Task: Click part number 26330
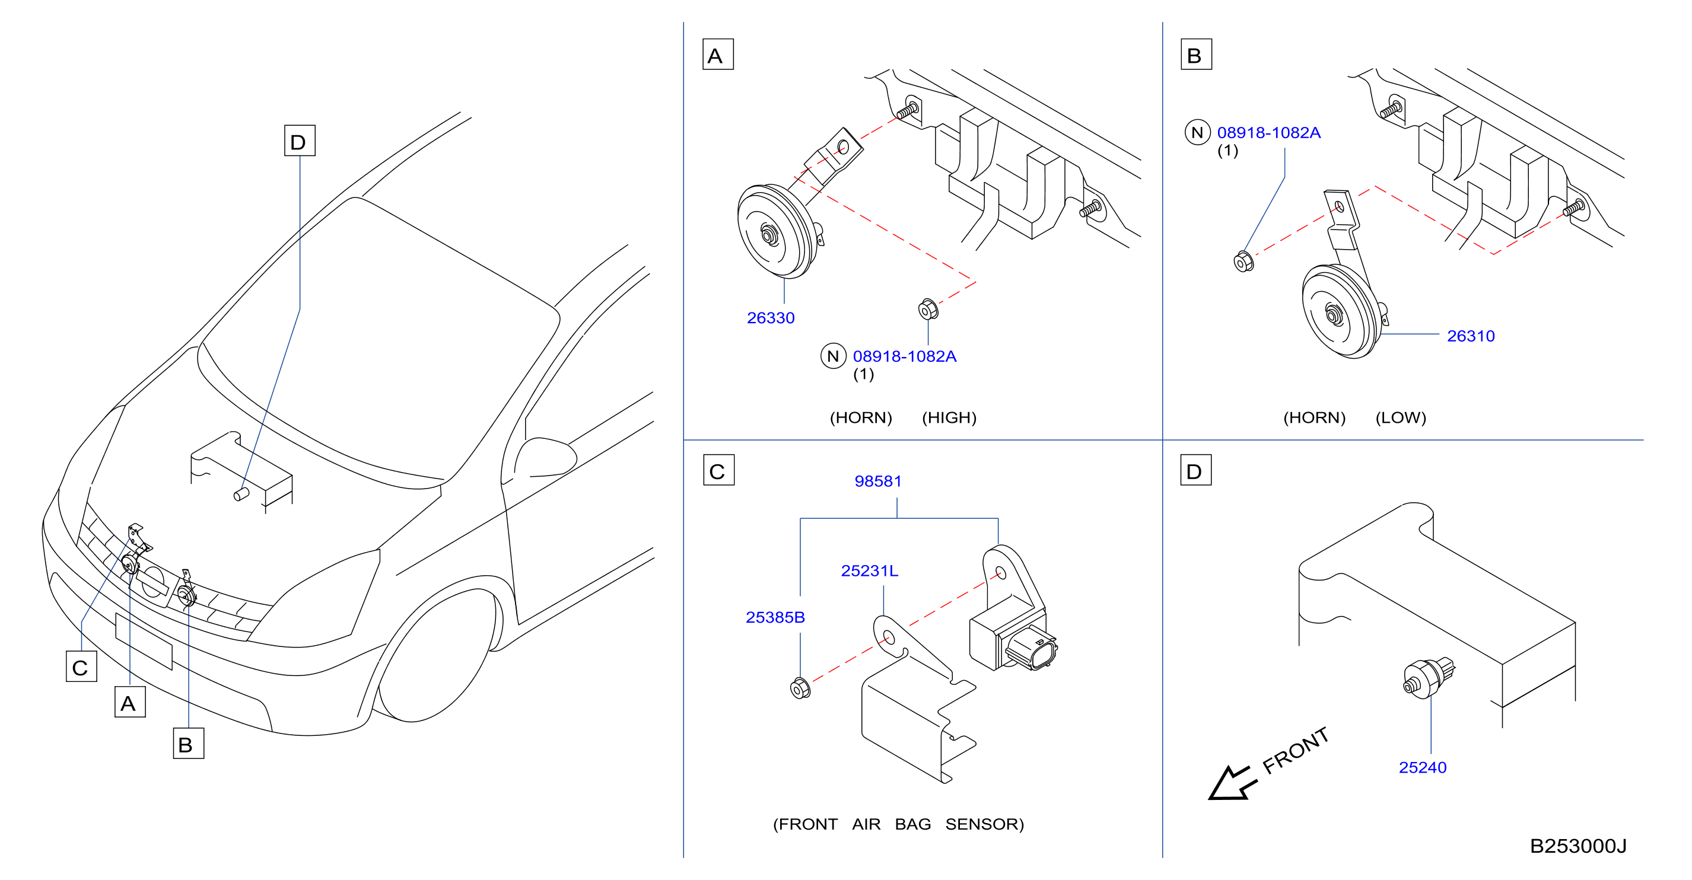(x=771, y=318)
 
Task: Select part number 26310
(x=1471, y=336)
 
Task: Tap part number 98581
(x=877, y=482)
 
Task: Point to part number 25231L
(x=870, y=570)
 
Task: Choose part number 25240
(x=1423, y=767)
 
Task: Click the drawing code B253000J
(x=1578, y=846)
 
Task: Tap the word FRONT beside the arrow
(x=1296, y=751)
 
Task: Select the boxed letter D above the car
(x=300, y=141)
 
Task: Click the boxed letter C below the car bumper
(x=81, y=667)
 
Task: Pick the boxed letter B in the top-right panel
(x=1196, y=55)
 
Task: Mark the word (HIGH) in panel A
(x=949, y=417)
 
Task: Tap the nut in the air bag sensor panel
(x=800, y=688)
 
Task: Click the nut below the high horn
(x=928, y=309)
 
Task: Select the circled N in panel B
(x=1197, y=133)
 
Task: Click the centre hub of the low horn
(x=1334, y=315)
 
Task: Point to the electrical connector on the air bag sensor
(x=1032, y=648)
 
